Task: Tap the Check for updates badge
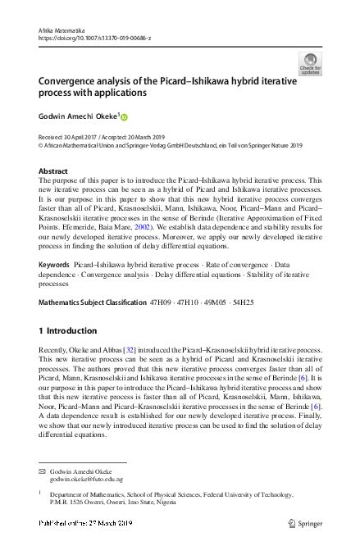[311, 63]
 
